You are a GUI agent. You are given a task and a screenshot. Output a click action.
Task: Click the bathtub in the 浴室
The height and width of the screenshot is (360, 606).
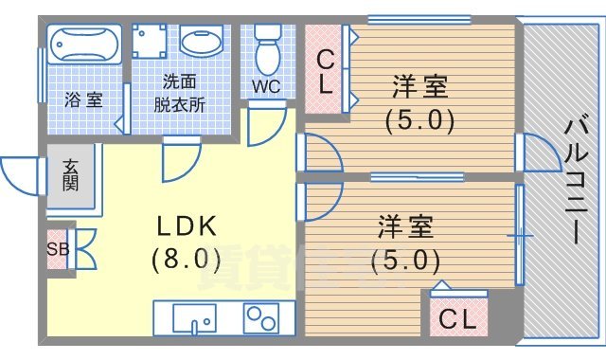click(84, 45)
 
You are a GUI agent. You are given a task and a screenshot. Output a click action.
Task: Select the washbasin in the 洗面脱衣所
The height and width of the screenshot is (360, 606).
click(201, 44)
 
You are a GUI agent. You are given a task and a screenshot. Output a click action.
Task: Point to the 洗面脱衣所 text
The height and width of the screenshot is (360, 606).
click(181, 93)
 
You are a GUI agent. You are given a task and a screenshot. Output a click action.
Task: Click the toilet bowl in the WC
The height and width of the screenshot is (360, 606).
click(268, 51)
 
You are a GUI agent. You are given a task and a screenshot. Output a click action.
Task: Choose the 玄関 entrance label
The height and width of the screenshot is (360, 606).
click(72, 176)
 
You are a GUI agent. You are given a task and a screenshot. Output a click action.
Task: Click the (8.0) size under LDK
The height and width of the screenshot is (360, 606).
click(186, 257)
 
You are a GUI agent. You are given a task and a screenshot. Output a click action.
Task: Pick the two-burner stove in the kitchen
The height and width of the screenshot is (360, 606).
click(266, 315)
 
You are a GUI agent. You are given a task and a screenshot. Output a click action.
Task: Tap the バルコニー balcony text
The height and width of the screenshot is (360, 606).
click(575, 180)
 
